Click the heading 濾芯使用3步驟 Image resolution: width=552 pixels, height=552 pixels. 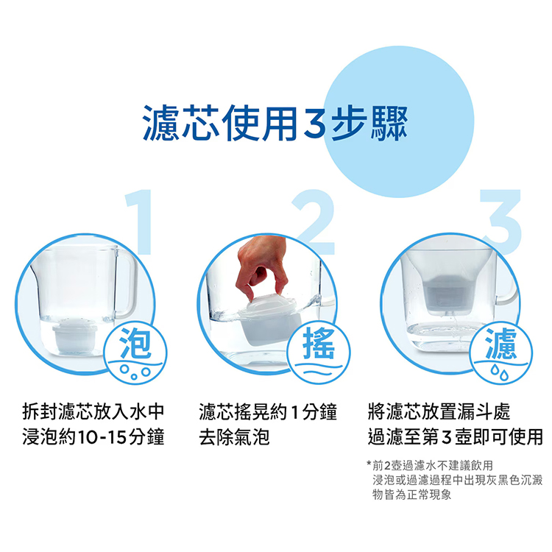275,123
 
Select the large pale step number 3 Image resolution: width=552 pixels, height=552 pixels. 501,222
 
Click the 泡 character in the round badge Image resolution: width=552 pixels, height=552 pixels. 135,342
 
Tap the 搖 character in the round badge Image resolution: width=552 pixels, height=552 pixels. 319,342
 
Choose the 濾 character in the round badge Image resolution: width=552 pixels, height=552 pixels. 501,342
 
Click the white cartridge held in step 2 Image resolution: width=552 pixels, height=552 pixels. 270,319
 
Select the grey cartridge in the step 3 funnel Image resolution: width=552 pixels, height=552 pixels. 447,293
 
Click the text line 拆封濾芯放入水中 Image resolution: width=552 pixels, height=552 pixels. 93,411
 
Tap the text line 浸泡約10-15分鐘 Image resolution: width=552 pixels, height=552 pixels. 93,437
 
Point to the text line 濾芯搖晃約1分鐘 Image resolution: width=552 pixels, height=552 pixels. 268,411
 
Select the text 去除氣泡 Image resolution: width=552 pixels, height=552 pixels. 234,437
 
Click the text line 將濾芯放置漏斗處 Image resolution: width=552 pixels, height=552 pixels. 439,411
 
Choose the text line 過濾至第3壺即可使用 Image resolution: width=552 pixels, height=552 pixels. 455,437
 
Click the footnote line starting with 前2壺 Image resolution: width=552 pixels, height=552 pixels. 430,465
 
